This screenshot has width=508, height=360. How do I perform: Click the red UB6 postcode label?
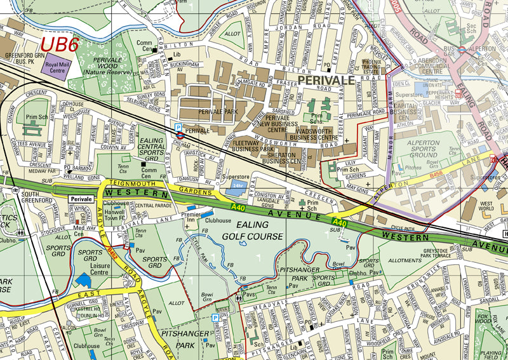click(60, 44)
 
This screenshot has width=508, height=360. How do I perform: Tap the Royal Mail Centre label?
click(57, 67)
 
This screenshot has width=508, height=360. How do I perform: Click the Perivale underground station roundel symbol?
click(180, 134)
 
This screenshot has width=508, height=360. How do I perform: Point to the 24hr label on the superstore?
click(237, 183)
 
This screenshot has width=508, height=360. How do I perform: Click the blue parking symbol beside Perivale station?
click(179, 127)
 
